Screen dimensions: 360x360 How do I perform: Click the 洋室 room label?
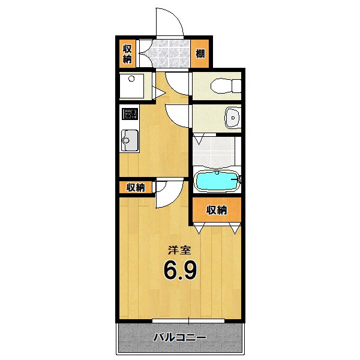coord(179,251)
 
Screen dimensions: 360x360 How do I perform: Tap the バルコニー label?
coord(179,338)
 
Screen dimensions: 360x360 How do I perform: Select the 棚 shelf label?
coord(200,53)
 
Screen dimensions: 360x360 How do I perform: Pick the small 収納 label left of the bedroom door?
coord(136,187)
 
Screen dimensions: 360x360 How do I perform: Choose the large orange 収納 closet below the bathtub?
coord(217,210)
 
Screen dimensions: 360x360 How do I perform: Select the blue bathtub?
coord(217,181)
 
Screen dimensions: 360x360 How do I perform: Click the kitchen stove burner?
coord(129,113)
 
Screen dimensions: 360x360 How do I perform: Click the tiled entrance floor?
coord(170,54)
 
